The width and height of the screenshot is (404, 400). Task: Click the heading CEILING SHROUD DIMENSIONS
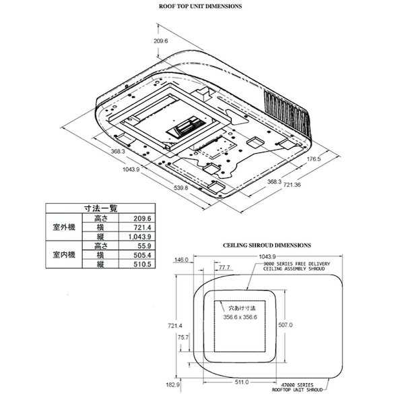point(267,246)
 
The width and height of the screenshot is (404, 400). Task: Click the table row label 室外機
point(65,228)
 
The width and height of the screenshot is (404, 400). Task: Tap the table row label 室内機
point(65,256)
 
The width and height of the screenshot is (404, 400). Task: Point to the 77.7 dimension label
point(224,268)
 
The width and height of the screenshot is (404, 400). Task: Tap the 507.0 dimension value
point(285,325)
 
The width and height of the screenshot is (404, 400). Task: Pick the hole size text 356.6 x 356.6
point(241,317)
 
